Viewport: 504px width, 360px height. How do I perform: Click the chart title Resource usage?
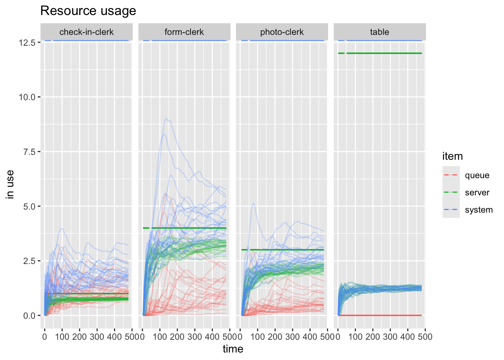(88, 11)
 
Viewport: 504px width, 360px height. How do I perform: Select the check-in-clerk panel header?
(86, 32)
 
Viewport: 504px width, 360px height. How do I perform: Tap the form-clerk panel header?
(184, 32)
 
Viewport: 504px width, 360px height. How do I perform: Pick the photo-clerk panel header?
(282, 32)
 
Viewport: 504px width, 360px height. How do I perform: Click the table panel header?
(379, 32)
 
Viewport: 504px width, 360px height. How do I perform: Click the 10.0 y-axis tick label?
(27, 97)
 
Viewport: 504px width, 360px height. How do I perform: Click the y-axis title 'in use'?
(10, 184)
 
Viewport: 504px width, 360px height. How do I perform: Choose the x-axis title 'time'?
(233, 349)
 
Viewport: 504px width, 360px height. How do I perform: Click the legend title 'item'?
(452, 156)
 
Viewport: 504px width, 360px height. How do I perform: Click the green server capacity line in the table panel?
(382, 53)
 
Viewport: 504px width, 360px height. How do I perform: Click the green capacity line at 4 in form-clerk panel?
(187, 228)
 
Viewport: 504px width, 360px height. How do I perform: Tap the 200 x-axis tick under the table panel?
(373, 337)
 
